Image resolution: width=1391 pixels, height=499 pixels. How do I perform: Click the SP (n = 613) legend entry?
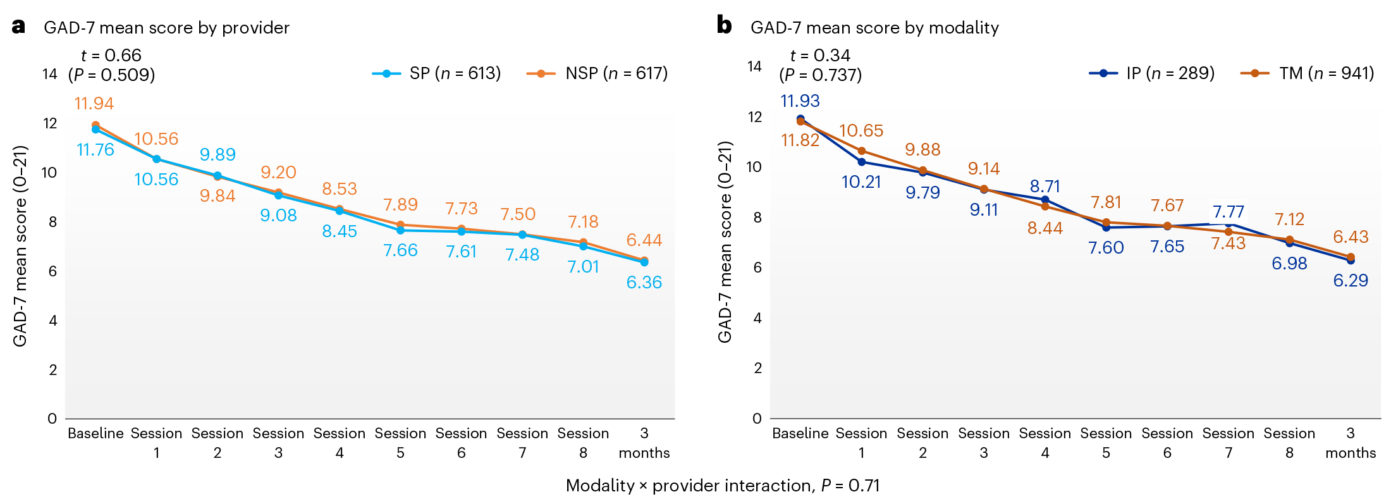click(x=436, y=73)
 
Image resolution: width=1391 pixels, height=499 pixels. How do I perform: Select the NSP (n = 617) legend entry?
click(x=597, y=73)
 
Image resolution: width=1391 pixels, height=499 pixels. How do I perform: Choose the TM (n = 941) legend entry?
click(x=1308, y=73)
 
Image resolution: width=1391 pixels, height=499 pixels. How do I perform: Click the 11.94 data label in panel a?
click(x=94, y=103)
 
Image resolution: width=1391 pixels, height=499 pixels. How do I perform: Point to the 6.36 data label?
click(x=644, y=282)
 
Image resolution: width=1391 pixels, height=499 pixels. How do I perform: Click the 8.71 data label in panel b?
click(x=1045, y=186)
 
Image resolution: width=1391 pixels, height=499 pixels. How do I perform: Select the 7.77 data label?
click(x=1228, y=211)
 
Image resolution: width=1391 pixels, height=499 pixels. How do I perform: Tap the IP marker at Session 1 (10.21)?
click(x=861, y=162)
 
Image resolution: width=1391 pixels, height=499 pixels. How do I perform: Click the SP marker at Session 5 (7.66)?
click(x=400, y=230)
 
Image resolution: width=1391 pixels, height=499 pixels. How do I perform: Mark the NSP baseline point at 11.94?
click(x=95, y=125)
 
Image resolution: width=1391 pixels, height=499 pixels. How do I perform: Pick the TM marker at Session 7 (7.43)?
click(x=1229, y=231)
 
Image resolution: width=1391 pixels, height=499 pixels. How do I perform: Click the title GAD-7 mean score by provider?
click(x=166, y=28)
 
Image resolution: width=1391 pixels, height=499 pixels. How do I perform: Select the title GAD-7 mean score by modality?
click(x=874, y=28)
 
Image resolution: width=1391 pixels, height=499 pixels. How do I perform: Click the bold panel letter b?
click(x=724, y=25)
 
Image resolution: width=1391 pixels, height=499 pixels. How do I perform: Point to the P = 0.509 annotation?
click(x=111, y=75)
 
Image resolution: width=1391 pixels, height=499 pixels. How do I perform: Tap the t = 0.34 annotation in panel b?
click(x=820, y=55)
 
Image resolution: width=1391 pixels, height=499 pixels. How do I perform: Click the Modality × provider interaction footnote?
click(x=722, y=485)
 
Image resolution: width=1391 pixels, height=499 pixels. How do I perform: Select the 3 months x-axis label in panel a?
click(x=644, y=443)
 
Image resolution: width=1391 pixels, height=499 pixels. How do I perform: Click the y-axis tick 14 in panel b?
click(x=754, y=66)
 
